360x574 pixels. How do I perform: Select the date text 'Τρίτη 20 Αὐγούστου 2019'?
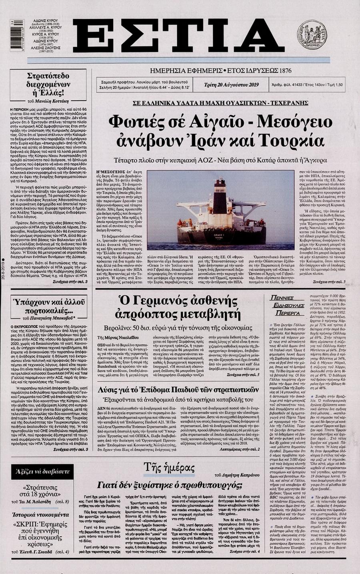pyautogui.click(x=232, y=84)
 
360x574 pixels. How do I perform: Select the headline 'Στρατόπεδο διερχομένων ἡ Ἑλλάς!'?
pyautogui.click(x=49, y=85)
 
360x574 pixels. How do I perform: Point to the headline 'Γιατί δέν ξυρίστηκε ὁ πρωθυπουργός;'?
pyautogui.click(x=170, y=485)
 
